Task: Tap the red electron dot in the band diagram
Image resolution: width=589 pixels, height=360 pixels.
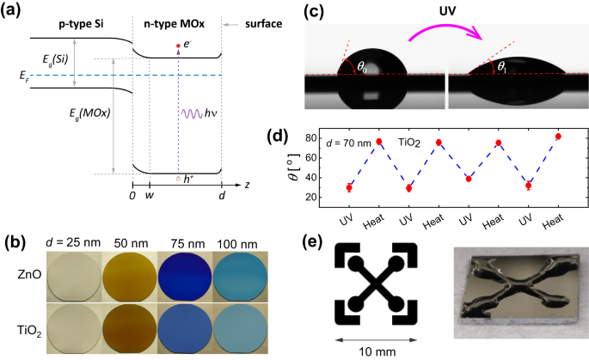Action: click(x=178, y=46)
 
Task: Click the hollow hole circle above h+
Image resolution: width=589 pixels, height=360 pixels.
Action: click(x=178, y=179)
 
